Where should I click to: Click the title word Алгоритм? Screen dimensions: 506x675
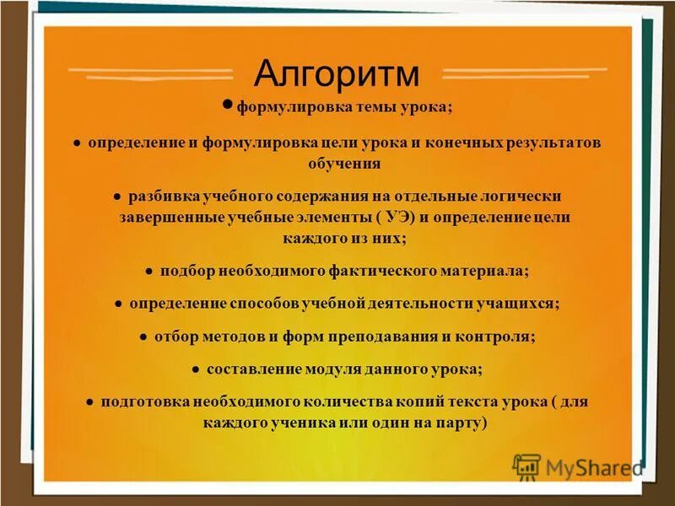337,74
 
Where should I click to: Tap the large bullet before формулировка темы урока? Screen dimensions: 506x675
227,105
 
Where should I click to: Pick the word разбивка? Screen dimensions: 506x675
164,196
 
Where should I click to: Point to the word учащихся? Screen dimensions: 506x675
521,303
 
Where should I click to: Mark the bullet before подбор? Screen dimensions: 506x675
148,272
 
